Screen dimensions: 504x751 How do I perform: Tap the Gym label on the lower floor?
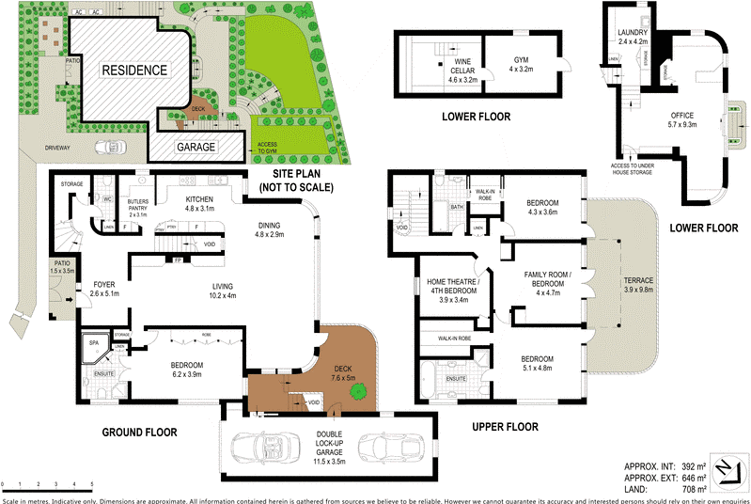coord(521,64)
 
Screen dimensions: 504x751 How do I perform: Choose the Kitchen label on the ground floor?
coord(200,204)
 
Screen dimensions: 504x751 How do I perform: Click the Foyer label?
coord(102,288)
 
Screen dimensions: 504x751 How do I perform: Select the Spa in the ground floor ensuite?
coord(94,347)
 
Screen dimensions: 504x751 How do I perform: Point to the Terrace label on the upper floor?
coord(638,286)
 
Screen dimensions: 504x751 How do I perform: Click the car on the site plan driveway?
coord(110,148)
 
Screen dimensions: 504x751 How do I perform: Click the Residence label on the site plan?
coord(134,71)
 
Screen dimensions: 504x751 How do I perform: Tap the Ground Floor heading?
coord(139,432)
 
